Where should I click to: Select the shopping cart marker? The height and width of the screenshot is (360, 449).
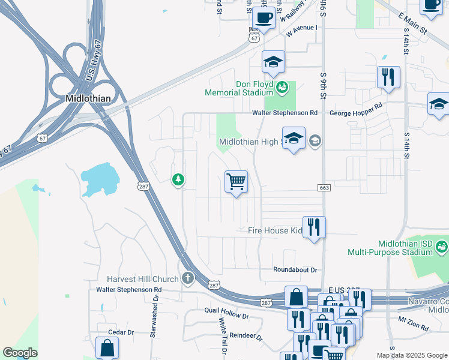pos(237,181)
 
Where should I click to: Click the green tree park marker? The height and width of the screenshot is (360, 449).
pos(178,179)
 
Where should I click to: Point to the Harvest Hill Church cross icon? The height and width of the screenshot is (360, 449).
pos(188,278)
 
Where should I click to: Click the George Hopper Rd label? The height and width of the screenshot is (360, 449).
pos(356,112)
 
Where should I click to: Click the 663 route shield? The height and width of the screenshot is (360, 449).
pos(325,188)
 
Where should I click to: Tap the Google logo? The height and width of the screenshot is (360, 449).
pos(20,353)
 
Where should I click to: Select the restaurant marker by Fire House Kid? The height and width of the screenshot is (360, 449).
pos(314,227)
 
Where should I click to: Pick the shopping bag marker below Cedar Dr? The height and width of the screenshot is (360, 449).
pos(107,347)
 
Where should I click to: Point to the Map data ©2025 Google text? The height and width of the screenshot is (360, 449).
pos(412,355)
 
